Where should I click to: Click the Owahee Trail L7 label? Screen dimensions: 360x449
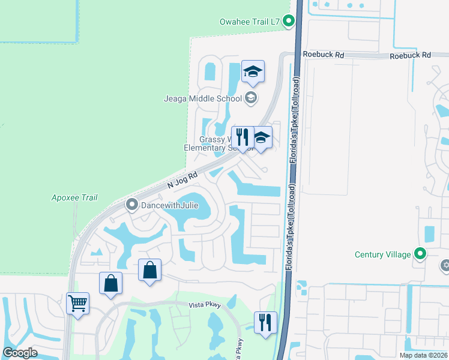(x=250, y=22)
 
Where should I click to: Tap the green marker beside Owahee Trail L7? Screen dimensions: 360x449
(x=288, y=22)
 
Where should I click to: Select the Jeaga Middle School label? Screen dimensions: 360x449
(x=203, y=98)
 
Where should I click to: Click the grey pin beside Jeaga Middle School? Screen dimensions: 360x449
(x=251, y=98)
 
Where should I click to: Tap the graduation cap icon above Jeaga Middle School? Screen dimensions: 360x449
(x=253, y=72)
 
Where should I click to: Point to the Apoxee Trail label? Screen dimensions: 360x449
(x=74, y=197)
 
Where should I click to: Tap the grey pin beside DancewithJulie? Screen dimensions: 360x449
(x=132, y=205)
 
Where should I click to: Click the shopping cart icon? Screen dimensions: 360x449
(x=77, y=303)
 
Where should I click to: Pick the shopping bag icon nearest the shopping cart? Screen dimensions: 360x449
(x=110, y=283)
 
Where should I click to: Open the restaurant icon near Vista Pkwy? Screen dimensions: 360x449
(x=265, y=322)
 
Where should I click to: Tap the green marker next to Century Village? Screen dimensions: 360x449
(x=420, y=254)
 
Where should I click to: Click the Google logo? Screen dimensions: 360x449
(x=20, y=353)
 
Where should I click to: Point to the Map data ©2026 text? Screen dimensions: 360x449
(x=422, y=355)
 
